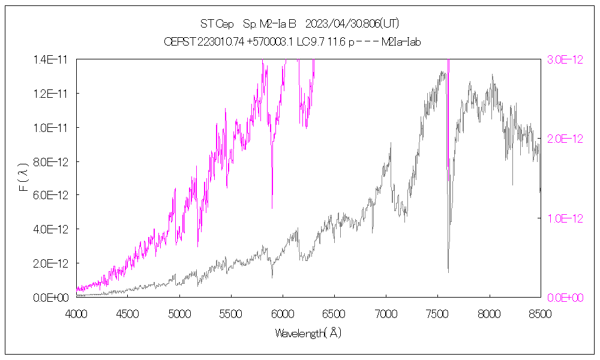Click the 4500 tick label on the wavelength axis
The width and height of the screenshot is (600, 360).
128,313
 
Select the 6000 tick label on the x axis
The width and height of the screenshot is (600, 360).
283,313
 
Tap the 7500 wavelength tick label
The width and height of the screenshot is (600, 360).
437,313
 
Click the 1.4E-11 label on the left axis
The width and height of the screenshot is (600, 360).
52,59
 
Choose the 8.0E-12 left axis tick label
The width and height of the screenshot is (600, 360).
52,161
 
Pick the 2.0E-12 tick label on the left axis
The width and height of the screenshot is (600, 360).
52,263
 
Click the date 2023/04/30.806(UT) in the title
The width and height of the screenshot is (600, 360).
352,24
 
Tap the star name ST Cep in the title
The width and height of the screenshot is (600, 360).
217,24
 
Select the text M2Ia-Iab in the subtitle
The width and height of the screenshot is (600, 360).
401,42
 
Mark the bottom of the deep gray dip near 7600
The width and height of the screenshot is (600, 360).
448,272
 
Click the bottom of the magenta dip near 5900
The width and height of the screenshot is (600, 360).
272,208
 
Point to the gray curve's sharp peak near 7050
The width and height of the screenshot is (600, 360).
391,143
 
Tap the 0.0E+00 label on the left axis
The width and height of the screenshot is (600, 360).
52,298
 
